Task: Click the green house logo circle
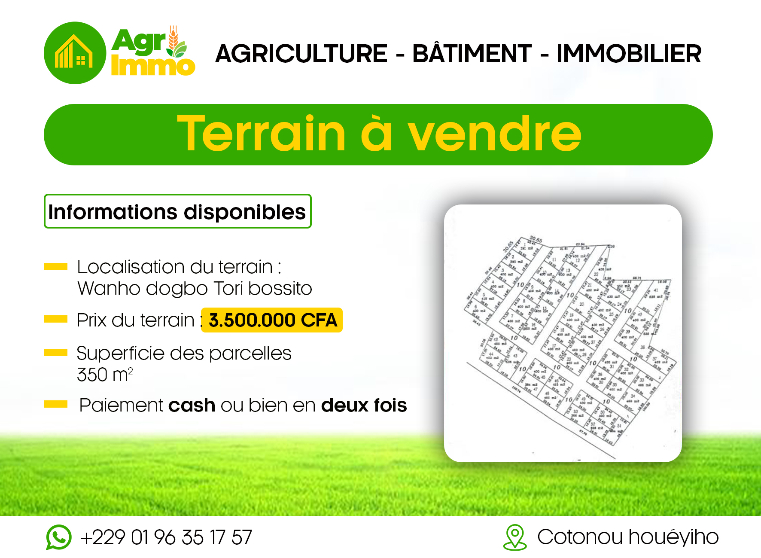pos(75,53)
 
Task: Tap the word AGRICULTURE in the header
pos(301,54)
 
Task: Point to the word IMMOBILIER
pos(629,54)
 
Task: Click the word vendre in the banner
pos(494,134)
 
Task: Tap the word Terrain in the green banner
pos(261,134)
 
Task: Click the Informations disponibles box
pos(177,211)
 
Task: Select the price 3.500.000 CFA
pos(272,320)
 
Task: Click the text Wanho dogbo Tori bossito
pos(195,289)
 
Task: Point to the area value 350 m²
pos(105,375)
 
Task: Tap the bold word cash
pos(192,406)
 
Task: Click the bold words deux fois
pos(364,406)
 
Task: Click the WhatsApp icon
pos(59,537)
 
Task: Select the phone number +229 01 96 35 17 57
pos(166,537)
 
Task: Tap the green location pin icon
pos(515,537)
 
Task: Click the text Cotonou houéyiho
pos(628,537)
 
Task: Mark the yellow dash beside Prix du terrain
pos(56,319)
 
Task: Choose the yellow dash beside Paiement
pos(56,404)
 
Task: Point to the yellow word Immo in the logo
pos(153,66)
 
